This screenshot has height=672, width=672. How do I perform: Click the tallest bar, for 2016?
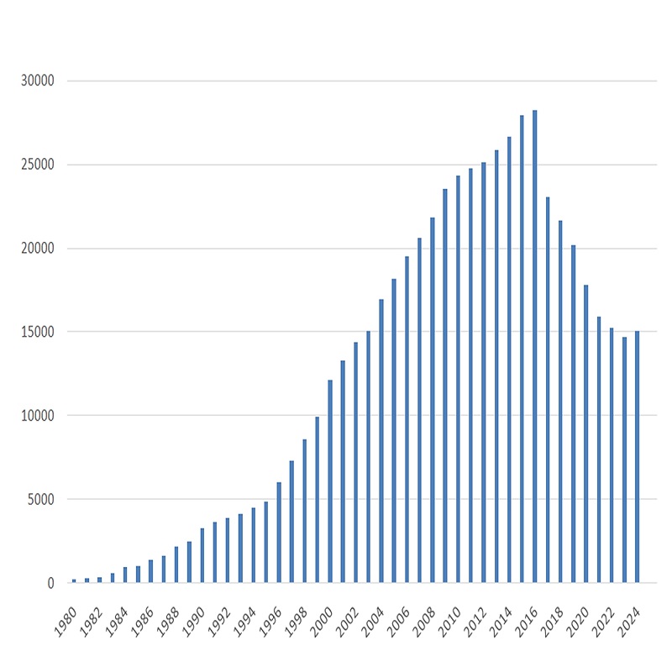(x=534, y=346)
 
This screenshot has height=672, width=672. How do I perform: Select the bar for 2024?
(x=637, y=456)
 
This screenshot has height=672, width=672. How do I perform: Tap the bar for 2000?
(x=330, y=481)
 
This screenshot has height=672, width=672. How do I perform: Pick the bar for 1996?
(x=279, y=533)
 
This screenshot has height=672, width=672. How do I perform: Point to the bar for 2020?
(x=585, y=433)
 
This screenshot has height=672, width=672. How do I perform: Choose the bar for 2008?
(x=433, y=400)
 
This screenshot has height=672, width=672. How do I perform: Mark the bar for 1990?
(x=202, y=555)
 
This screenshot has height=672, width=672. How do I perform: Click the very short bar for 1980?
(x=74, y=580)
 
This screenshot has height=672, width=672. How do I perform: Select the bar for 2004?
(x=381, y=440)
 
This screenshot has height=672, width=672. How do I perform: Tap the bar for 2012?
(x=484, y=372)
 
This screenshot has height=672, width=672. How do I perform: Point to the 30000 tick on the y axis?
(x=38, y=81)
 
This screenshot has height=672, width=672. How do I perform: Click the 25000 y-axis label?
(x=38, y=165)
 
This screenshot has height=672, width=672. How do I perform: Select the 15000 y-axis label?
(x=38, y=332)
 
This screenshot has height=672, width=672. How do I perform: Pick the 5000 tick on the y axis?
(x=41, y=499)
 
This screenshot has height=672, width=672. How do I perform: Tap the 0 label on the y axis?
(x=51, y=583)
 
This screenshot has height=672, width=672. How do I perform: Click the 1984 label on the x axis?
(x=116, y=622)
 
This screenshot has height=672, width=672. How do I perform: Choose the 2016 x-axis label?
(x=526, y=622)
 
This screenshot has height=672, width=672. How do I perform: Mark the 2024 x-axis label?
(x=628, y=622)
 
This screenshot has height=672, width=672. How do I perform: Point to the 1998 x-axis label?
(x=296, y=622)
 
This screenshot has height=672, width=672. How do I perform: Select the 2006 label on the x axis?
(x=397, y=622)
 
